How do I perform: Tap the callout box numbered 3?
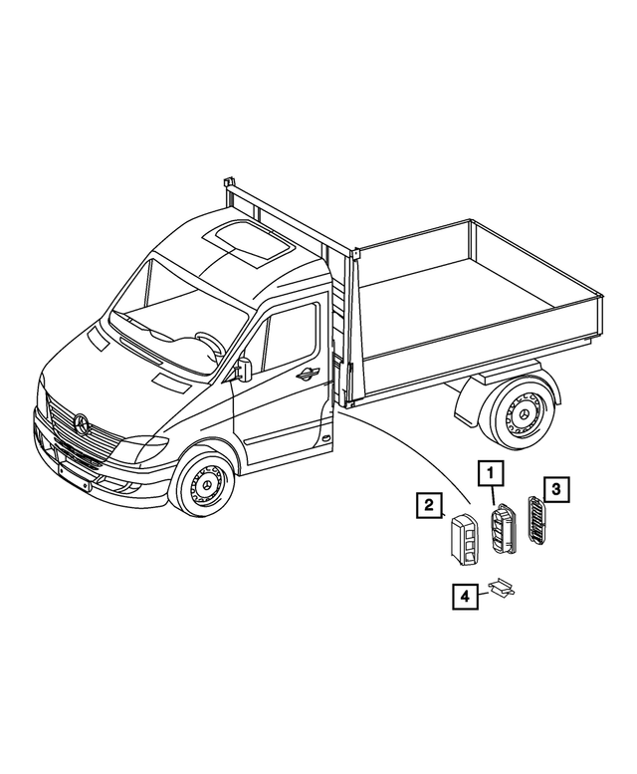(556, 488)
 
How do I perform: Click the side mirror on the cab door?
(244, 368)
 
